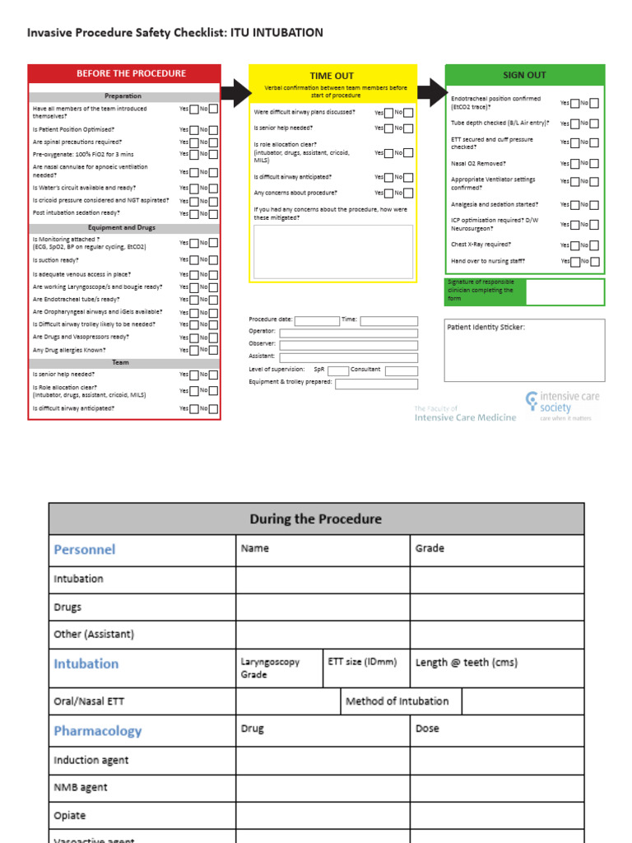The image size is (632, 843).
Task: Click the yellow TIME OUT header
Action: click(332, 76)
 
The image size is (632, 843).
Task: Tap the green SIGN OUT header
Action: click(524, 75)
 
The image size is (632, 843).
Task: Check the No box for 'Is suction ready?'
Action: click(213, 260)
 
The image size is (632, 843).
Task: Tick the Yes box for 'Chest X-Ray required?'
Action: click(575, 245)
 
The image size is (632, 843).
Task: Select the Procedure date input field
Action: click(316, 321)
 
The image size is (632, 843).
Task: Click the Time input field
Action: click(388, 321)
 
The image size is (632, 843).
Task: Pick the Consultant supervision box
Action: click(402, 370)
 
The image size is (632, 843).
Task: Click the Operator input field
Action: click(348, 333)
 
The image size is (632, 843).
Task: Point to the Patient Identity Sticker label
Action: click(486, 327)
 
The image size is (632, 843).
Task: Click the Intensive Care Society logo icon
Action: click(532, 401)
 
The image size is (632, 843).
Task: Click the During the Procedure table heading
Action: click(316, 519)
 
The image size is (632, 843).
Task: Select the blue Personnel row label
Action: click(85, 549)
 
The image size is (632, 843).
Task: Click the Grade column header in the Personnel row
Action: click(430, 548)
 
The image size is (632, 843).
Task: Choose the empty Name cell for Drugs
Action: click(323, 608)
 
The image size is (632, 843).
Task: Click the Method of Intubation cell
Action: click(397, 701)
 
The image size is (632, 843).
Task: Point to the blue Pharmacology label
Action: click(97, 731)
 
